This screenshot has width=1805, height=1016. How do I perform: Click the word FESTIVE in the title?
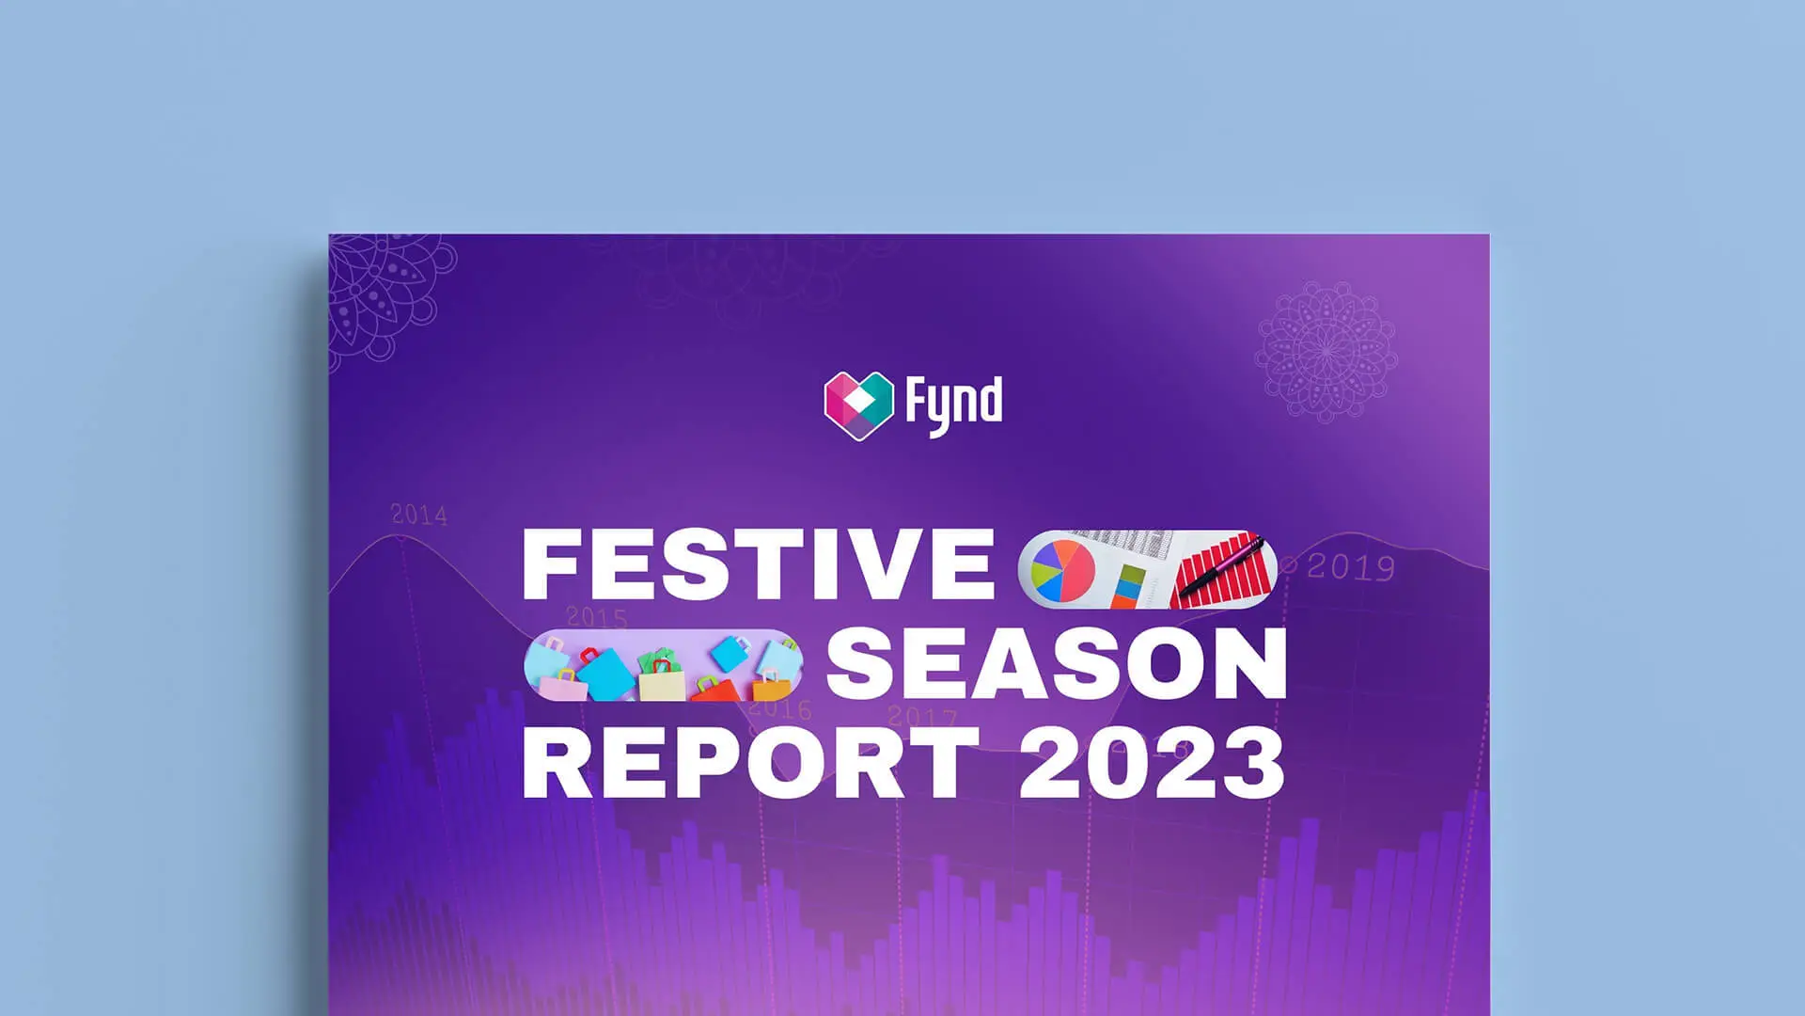[x=758, y=564]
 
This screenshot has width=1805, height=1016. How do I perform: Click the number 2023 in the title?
[x=1152, y=762]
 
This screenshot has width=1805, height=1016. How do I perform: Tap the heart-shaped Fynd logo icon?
[x=858, y=405]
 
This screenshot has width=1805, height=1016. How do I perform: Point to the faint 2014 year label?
[x=419, y=515]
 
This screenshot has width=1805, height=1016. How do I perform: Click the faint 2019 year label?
[x=1351, y=567]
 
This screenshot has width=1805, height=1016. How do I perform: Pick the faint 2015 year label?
[x=597, y=617]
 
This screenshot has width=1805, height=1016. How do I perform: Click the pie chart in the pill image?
[x=1063, y=570]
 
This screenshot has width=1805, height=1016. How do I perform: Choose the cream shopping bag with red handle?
[x=663, y=679]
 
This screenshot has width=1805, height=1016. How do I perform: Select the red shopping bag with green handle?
[x=716, y=690]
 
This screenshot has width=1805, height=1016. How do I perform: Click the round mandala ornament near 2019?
[x=1326, y=351]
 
